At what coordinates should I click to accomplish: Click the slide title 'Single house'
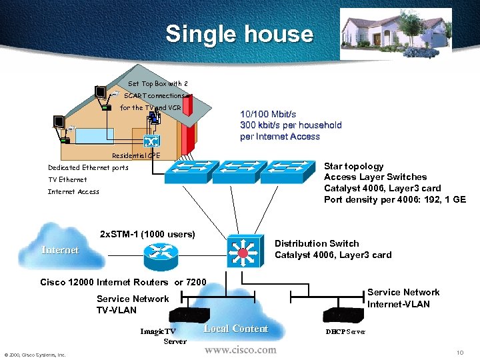(239, 34)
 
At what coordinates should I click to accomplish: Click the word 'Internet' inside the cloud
(60, 250)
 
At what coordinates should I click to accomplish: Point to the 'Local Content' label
(235, 329)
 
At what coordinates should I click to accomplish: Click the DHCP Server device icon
(343, 314)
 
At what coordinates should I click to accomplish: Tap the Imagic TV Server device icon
(189, 314)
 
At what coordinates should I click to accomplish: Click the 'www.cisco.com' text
(240, 350)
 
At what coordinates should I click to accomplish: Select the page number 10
(459, 352)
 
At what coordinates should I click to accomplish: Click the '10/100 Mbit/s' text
(268, 114)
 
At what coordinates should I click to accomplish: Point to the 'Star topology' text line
(353, 166)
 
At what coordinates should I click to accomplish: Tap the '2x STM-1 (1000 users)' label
(147, 234)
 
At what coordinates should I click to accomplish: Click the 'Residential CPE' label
(136, 155)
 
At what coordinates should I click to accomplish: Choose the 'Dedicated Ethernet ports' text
(88, 168)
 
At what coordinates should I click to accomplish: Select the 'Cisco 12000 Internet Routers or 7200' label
(123, 282)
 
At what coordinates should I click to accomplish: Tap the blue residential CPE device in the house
(151, 141)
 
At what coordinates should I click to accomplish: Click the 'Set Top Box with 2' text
(153, 84)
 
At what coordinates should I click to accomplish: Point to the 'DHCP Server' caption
(345, 331)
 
